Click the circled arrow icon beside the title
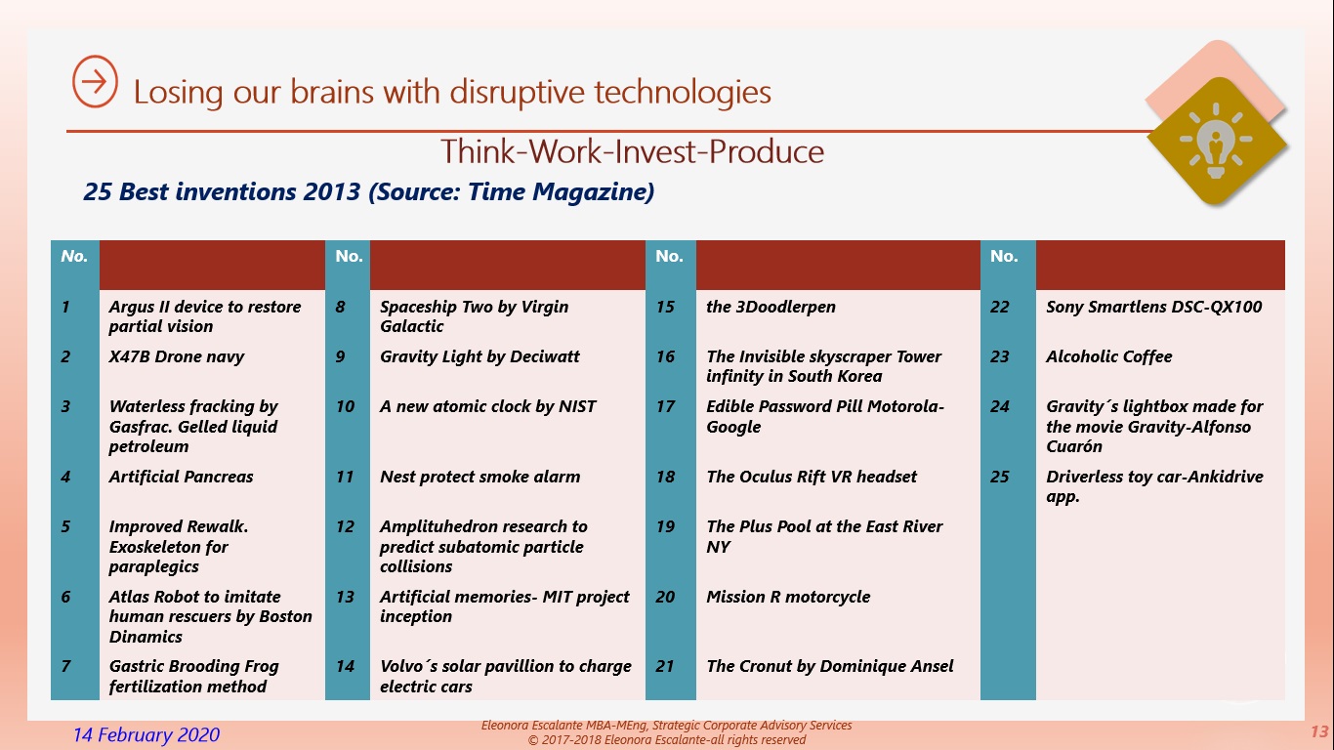[x=95, y=82]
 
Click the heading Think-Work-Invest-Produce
[x=632, y=151]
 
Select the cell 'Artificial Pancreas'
[x=181, y=477]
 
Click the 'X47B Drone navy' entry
[x=177, y=356]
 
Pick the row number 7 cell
[x=65, y=666]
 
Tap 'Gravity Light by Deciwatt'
[x=479, y=356]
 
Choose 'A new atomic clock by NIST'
[x=487, y=406]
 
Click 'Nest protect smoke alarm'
[x=480, y=477]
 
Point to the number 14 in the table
[x=345, y=666]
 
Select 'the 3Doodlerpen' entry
[x=771, y=307]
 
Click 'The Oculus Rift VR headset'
[x=812, y=477]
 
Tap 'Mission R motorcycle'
[x=788, y=597]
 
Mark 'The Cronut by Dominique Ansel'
[x=829, y=666]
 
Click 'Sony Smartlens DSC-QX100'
[x=1154, y=307]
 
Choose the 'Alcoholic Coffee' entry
[x=1108, y=356]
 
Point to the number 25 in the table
[x=999, y=477]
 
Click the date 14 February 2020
[x=146, y=734]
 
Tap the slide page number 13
[x=1319, y=731]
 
